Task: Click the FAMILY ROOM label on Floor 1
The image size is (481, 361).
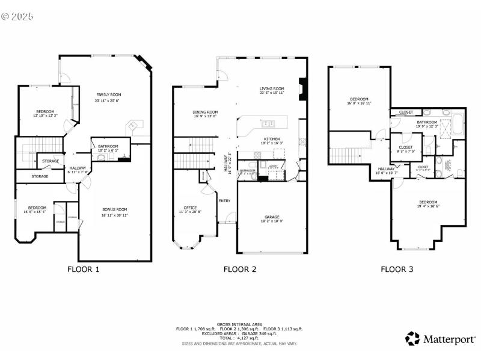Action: (108, 94)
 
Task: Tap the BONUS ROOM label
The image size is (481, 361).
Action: (114, 209)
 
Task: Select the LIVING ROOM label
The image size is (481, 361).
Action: (271, 88)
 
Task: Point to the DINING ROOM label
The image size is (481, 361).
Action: (205, 112)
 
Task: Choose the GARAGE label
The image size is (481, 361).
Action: (272, 217)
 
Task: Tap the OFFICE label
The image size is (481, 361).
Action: (190, 208)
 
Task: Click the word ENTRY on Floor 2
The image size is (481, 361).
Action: (224, 201)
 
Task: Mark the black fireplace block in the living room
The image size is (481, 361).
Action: (304, 88)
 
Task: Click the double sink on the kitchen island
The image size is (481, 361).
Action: (269, 125)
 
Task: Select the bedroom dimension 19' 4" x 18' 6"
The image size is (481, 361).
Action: (428, 206)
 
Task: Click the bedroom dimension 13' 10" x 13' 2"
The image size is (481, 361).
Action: (45, 116)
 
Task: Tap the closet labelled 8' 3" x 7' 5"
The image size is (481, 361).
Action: (406, 152)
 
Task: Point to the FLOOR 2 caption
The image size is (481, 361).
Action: (240, 270)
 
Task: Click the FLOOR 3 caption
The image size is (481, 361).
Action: (397, 270)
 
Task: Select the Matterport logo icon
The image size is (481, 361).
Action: (412, 338)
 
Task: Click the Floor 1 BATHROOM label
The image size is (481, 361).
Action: (108, 146)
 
